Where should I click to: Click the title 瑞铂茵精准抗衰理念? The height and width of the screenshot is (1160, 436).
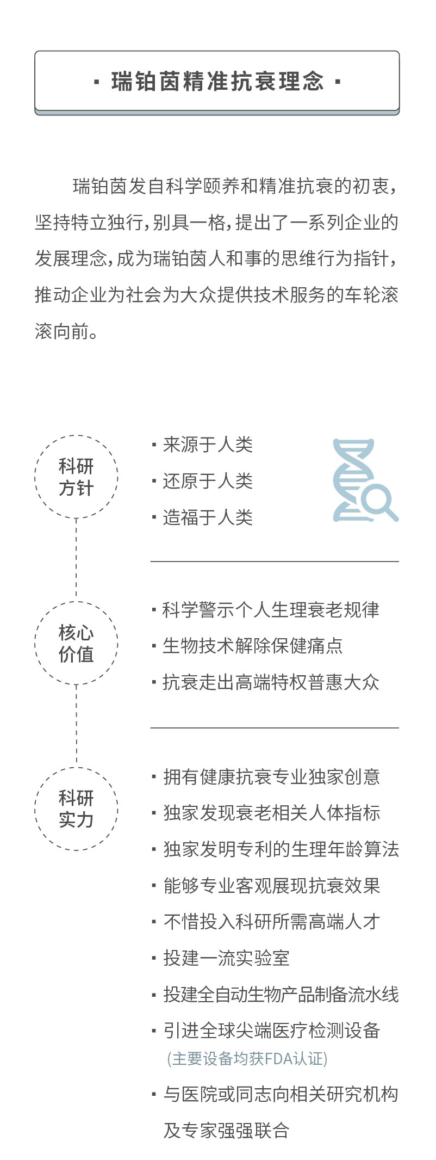point(217,82)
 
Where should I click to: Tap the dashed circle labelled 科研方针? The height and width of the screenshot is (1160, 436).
point(76,477)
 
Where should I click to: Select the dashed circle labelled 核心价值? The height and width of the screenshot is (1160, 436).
point(76,643)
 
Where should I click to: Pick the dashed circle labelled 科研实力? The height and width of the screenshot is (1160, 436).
point(76,809)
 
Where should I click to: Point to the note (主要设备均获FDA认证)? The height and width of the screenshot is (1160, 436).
point(247,1059)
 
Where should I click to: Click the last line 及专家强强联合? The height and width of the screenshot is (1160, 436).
point(226,1131)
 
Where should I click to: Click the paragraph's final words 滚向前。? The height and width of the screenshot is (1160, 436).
point(67,331)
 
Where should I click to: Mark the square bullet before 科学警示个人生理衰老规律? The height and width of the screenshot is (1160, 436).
point(154,610)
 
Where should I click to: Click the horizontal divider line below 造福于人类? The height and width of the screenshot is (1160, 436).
point(275,561)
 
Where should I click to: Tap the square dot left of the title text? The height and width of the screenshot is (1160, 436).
point(97,83)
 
